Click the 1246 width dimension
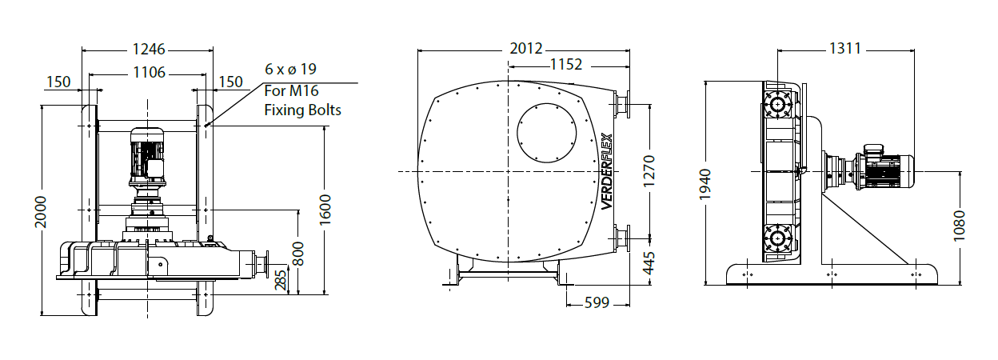pyautogui.click(x=149, y=49)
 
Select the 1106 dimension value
pyautogui.click(x=150, y=72)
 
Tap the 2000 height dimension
pyautogui.click(x=41, y=212)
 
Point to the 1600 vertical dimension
pyautogui.click(x=325, y=210)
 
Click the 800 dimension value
pyautogui.click(x=299, y=254)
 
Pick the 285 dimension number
pyautogui.click(x=280, y=280)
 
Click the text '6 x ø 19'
pyautogui.click(x=290, y=69)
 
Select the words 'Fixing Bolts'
pyautogui.click(x=303, y=110)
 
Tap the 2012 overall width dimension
pyautogui.click(x=526, y=48)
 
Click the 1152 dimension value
pyautogui.click(x=566, y=65)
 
